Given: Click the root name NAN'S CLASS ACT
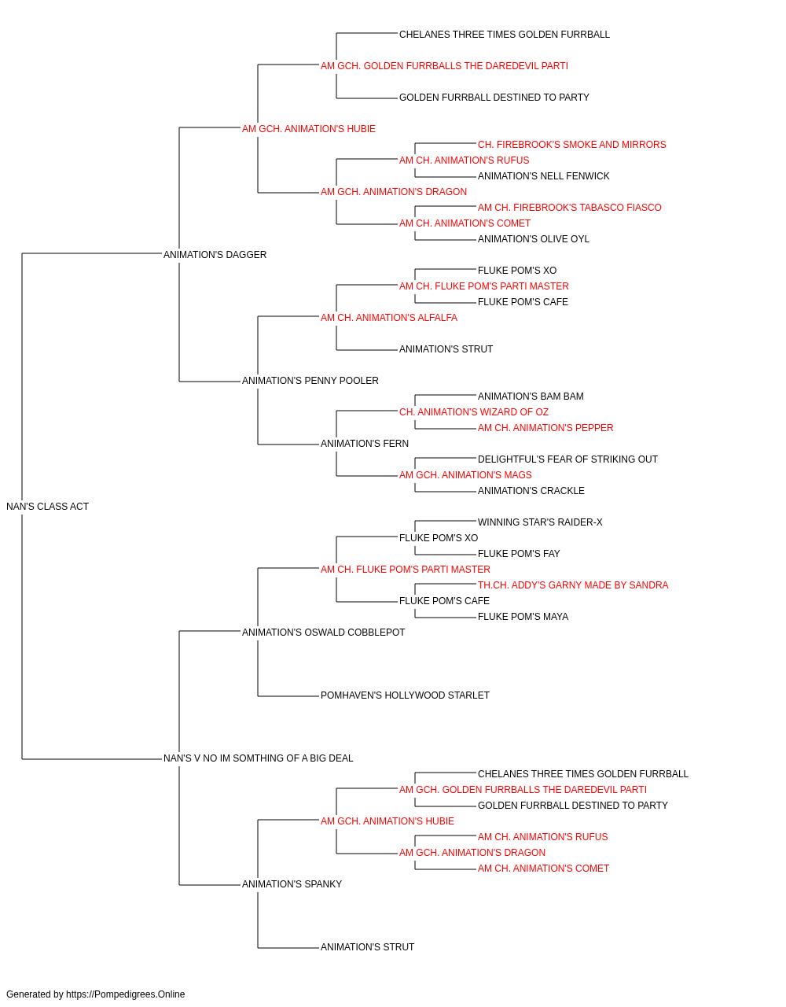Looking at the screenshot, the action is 47,507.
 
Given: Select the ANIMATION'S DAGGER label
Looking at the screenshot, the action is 215,255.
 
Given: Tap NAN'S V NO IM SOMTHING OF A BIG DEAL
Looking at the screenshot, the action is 258,758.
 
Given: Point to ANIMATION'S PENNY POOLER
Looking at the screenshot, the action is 310,381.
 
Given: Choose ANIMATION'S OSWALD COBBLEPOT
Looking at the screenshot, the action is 323,632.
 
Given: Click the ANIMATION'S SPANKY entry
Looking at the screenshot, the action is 292,883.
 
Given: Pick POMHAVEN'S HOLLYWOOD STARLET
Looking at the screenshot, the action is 405,695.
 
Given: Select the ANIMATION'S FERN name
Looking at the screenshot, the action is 364,444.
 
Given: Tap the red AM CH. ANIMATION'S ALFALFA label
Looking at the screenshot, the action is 389,317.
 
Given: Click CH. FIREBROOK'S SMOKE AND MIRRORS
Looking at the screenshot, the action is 571,145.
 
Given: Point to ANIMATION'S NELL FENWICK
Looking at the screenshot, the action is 543,176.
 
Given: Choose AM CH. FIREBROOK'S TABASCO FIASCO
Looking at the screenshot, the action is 569,208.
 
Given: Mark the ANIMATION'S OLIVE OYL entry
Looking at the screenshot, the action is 533,239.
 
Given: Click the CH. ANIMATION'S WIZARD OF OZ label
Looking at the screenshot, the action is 473,412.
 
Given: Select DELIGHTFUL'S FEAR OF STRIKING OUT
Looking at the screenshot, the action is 567,459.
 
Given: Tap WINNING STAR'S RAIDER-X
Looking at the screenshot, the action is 540,522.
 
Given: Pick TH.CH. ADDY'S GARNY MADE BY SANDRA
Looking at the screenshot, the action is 573,585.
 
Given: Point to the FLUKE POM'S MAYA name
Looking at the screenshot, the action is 523,616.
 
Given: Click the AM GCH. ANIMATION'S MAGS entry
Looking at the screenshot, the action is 465,475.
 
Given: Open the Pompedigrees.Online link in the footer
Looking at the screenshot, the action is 125,994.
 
